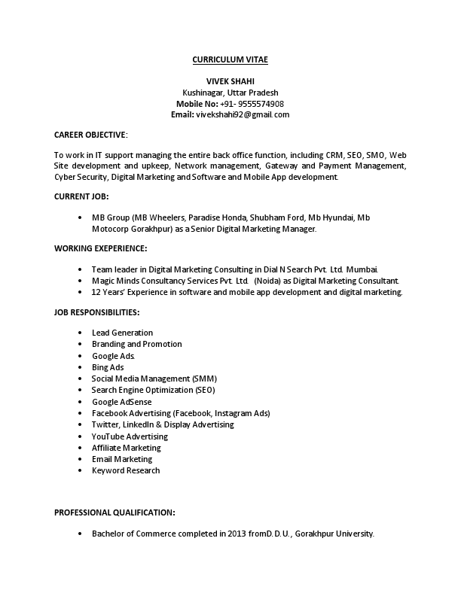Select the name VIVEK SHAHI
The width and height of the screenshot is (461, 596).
point(230,81)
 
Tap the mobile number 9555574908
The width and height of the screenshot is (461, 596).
point(261,103)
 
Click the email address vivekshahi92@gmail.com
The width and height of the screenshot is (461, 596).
point(243,114)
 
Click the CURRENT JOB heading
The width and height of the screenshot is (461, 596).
point(81,196)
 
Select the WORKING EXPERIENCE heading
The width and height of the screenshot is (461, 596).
point(101,248)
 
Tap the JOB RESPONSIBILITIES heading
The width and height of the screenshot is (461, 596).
point(96,312)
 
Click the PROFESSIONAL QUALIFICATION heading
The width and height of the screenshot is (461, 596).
point(114,512)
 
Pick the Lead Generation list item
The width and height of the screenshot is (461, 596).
point(122,333)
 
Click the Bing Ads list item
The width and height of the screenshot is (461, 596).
point(108,367)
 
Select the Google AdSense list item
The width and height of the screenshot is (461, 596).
point(121,402)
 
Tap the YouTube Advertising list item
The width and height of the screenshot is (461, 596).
point(130,436)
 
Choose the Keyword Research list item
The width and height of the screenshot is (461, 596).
point(126,470)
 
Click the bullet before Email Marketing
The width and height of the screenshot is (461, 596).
point(81,459)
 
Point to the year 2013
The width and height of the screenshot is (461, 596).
point(237,534)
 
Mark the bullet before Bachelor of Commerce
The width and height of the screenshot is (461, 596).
point(81,534)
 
